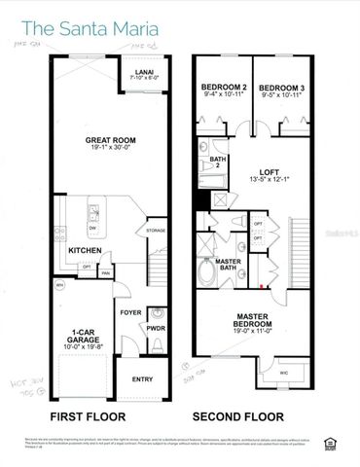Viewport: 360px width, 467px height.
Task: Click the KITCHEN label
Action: pos(85,251)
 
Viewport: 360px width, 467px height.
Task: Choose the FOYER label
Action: pos(129,313)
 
